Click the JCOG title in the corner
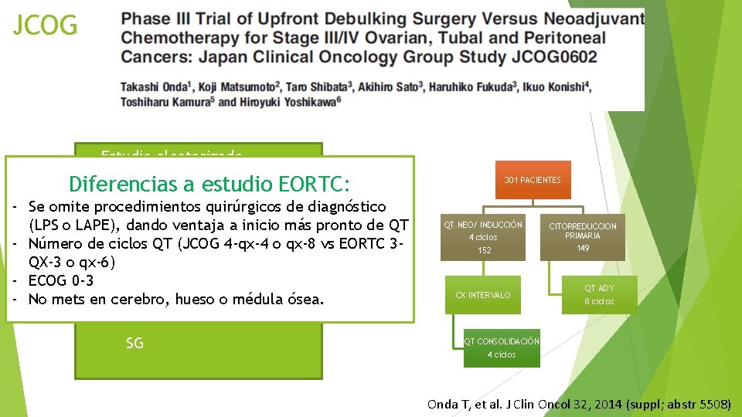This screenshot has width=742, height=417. point(46,26)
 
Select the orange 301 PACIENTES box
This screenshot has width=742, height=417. point(533,180)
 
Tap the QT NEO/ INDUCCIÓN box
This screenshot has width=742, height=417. point(484,237)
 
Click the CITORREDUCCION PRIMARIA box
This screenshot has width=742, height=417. point(583,236)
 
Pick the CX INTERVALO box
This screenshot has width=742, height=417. point(483,295)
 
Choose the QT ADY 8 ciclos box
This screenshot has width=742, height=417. point(599,294)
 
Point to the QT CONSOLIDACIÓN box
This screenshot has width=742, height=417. point(501,347)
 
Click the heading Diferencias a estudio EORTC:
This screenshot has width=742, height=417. point(209,184)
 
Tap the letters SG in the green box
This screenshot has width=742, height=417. point(134,343)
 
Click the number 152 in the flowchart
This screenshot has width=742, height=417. point(484,250)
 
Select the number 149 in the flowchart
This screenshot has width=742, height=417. point(583,248)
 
